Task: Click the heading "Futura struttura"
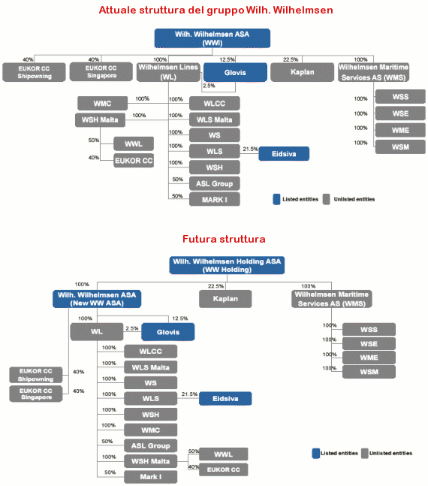click(x=224, y=239)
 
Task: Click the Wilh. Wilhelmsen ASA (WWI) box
click(x=212, y=38)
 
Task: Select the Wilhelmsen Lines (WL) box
click(x=168, y=72)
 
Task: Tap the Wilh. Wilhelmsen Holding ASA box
click(x=227, y=265)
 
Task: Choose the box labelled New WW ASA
click(x=97, y=299)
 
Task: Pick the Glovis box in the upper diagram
click(x=235, y=73)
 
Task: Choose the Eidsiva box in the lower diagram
click(x=225, y=399)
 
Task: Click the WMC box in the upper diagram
click(x=102, y=103)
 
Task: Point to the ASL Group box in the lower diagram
click(x=151, y=445)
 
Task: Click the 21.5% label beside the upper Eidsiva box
click(x=250, y=149)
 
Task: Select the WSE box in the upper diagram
click(x=400, y=113)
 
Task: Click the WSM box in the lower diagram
click(x=369, y=372)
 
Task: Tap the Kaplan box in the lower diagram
click(x=225, y=299)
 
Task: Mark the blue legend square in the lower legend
click(x=316, y=453)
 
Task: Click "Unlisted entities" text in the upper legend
click(x=354, y=199)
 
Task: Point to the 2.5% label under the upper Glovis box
click(x=209, y=86)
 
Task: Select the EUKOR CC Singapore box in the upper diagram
click(x=101, y=72)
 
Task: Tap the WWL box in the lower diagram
click(x=223, y=454)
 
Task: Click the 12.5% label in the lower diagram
click(x=180, y=318)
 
